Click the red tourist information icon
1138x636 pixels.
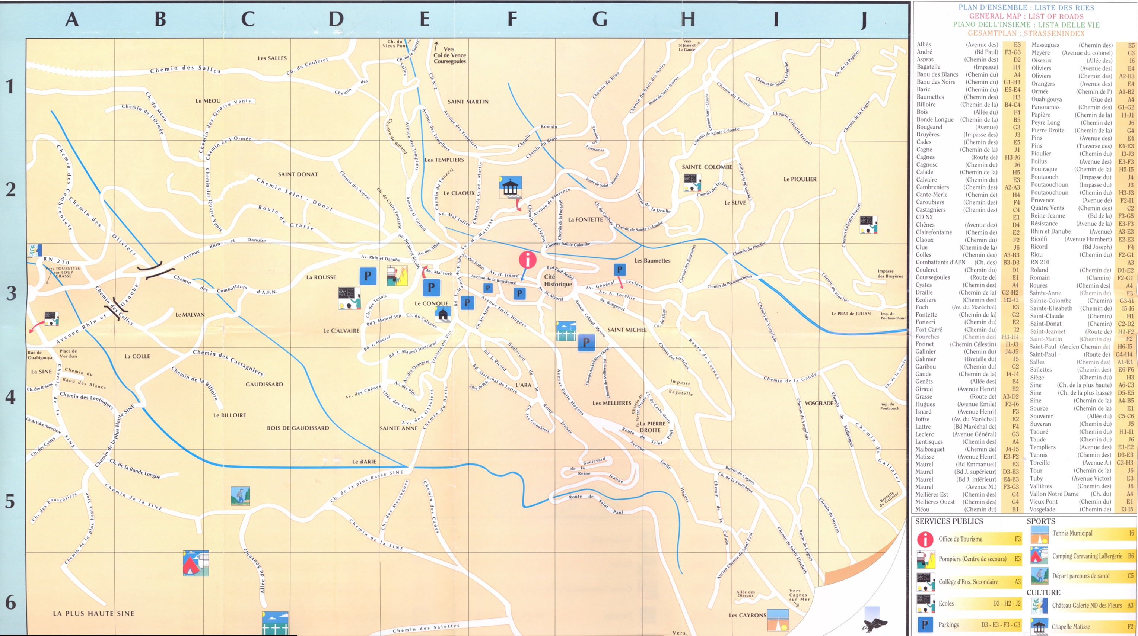[x=527, y=260]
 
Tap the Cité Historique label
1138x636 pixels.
[x=557, y=280]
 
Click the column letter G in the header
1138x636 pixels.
[x=600, y=19]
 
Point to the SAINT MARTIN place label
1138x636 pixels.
[x=468, y=102]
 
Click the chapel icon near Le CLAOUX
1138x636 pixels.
[x=510, y=187]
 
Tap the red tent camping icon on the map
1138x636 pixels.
[x=195, y=563]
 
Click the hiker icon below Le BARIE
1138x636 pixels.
[x=240, y=496]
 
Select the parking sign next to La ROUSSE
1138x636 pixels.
[x=368, y=276]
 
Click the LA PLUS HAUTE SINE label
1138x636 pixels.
[x=93, y=613]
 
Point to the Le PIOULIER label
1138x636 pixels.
[x=800, y=179]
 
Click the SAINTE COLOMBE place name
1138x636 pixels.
[x=707, y=167]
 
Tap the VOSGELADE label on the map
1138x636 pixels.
[x=818, y=403]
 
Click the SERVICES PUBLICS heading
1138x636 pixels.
[x=949, y=521]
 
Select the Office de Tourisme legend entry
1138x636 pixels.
[x=960, y=539]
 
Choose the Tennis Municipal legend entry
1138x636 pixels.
[x=1072, y=533]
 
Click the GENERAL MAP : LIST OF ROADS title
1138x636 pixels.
[x=1026, y=16]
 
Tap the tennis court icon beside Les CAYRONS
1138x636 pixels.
[x=778, y=620]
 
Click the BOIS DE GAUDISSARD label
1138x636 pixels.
[x=298, y=428]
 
